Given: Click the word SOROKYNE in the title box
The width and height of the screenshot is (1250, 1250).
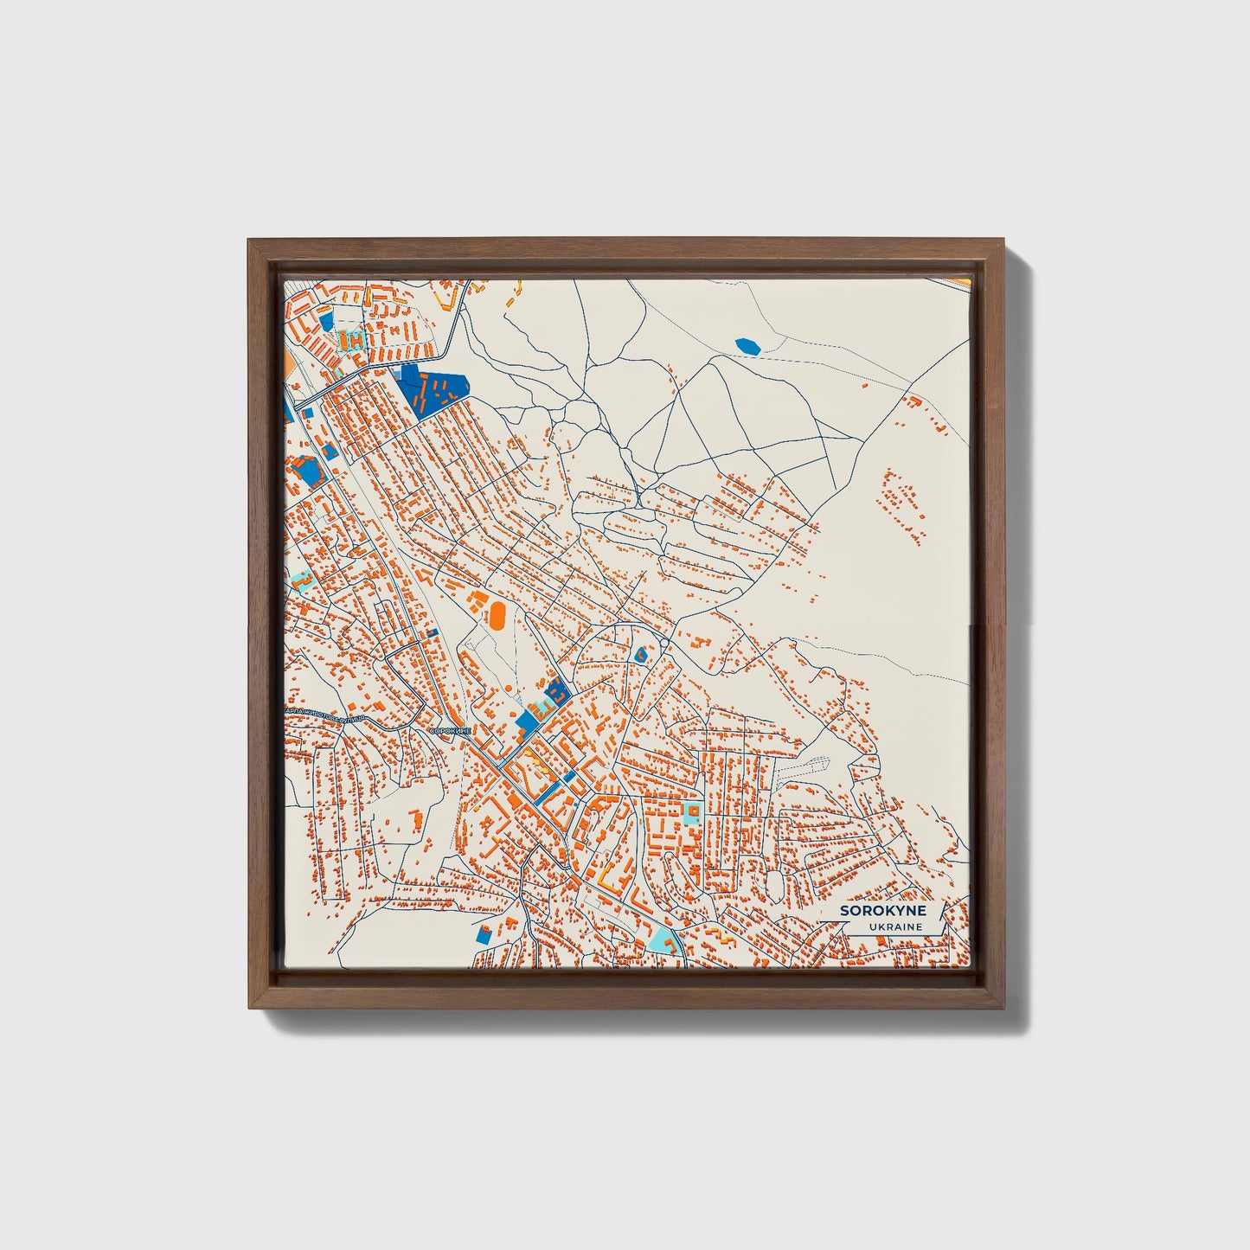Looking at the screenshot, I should pos(882,911).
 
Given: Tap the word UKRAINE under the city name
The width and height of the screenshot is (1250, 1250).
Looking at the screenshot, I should pos(896,927).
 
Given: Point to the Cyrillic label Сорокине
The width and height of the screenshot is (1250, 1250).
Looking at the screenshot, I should pos(450,731).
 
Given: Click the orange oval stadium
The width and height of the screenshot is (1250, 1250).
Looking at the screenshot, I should pos(497,615).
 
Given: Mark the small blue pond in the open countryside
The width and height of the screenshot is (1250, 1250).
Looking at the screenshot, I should pos(747,346).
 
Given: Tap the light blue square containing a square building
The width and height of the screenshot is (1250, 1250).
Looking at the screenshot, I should pos(691,811).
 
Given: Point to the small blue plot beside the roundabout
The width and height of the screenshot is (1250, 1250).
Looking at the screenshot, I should pos(641,655).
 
